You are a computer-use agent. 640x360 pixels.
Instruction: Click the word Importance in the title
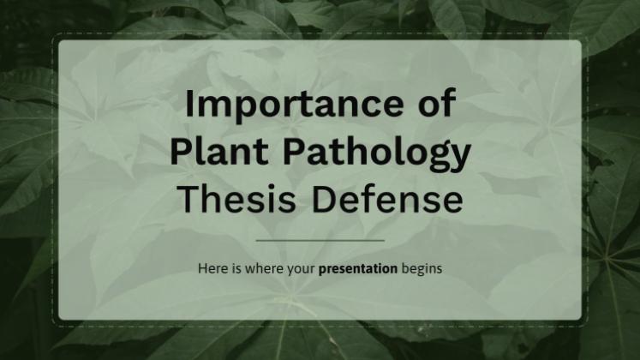point(294,105)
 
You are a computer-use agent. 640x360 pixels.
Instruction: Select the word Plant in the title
point(219,152)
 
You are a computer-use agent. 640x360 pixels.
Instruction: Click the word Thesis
point(237,199)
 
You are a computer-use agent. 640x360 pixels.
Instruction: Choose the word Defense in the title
point(387,199)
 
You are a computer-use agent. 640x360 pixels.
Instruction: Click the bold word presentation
point(358,269)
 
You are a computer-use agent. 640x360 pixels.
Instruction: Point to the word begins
point(422,269)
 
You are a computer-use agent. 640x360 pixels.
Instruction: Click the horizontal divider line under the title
point(320,240)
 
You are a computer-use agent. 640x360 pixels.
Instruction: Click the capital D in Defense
point(323,199)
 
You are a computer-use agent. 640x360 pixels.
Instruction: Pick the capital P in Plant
point(181,151)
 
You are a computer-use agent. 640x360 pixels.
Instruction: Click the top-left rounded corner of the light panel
point(60,42)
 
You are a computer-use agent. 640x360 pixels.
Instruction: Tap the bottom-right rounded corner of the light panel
point(579,318)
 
